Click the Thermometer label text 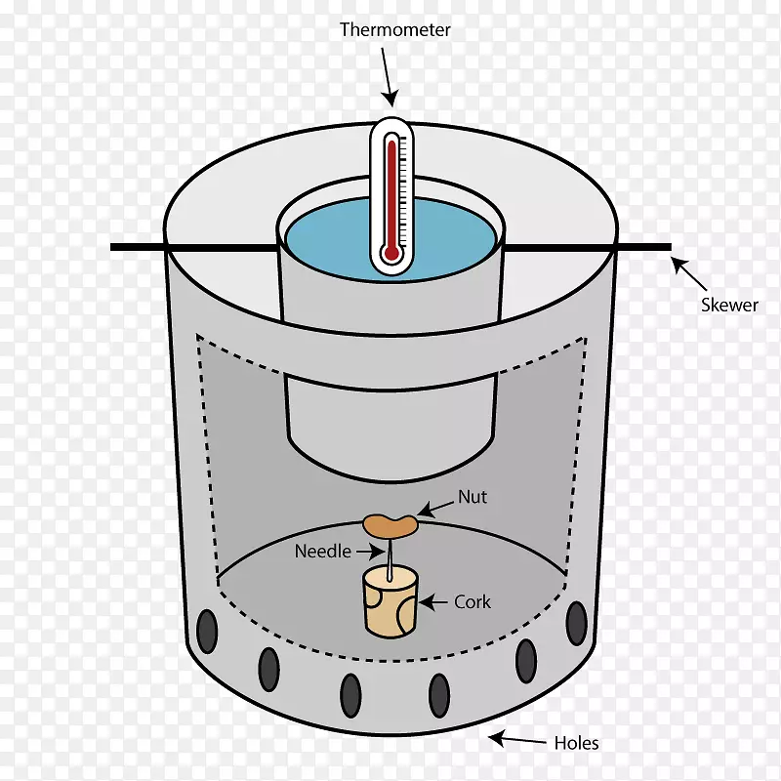(x=395, y=30)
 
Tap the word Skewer (x=729, y=305)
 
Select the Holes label (x=576, y=743)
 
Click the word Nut (x=473, y=497)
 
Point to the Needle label (x=323, y=551)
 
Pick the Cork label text (x=473, y=602)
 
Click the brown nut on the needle (x=390, y=526)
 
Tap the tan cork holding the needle (x=390, y=603)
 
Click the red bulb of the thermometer (x=392, y=253)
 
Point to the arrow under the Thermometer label (x=390, y=77)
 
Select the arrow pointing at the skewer (x=688, y=273)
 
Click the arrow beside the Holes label (x=517, y=739)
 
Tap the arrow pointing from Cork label (x=433, y=602)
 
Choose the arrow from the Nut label (x=435, y=509)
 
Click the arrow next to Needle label (x=371, y=551)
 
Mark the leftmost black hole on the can (x=207, y=631)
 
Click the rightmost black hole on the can (x=576, y=623)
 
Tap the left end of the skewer (x=111, y=247)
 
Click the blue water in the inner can (x=329, y=239)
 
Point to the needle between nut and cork (x=389, y=558)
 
